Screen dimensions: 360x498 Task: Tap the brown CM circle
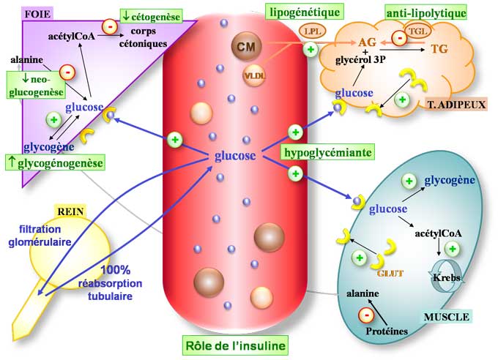click(x=243, y=47)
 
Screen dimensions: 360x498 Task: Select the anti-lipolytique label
click(x=425, y=12)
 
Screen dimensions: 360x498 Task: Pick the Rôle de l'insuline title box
click(x=234, y=344)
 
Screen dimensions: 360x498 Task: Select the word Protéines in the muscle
click(x=387, y=331)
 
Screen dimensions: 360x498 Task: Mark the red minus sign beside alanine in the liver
click(x=67, y=72)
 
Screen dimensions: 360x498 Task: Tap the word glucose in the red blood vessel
click(x=235, y=156)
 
